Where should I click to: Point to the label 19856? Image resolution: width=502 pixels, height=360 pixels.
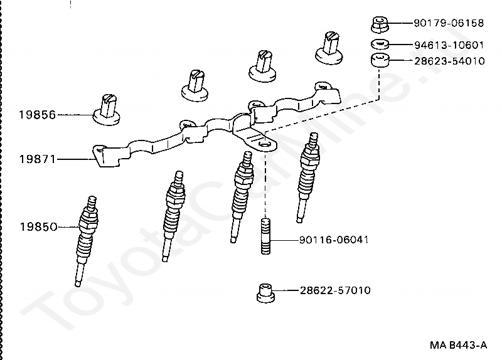pos(37,115)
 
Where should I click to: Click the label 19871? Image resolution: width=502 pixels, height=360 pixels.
pos(37,159)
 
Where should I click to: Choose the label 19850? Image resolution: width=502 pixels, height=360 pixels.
pos(37,226)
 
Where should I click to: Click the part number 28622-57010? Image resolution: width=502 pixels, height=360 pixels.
pos(334,290)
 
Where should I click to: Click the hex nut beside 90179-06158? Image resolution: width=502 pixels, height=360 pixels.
pos(378,24)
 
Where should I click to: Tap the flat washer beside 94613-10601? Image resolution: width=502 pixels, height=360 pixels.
pos(379,44)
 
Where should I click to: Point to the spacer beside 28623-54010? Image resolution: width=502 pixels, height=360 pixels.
pos(379,61)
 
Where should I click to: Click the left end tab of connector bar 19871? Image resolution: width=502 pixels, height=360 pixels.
pos(100,154)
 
